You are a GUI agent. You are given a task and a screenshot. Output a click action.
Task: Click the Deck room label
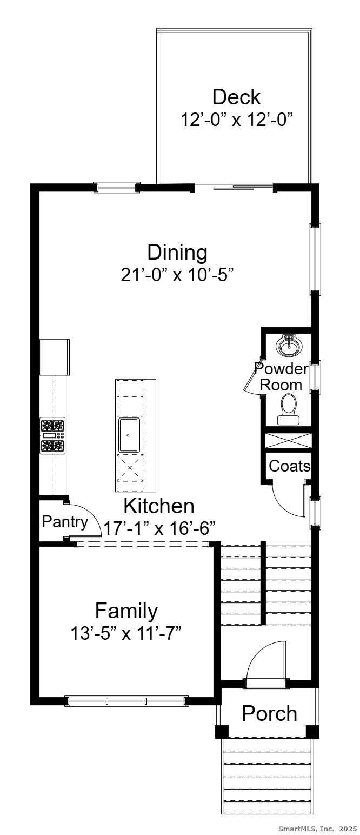pos(236,97)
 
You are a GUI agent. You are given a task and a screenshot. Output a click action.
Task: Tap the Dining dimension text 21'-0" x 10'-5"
pos(177,275)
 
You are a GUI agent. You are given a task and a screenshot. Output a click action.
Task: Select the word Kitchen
pos(159,506)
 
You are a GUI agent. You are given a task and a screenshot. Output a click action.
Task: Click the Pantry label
pos(65,522)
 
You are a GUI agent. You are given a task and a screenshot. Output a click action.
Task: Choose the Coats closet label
pos(290,466)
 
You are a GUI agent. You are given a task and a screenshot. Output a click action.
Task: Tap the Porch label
pos(269,713)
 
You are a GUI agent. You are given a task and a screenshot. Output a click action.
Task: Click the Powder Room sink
pos(289,346)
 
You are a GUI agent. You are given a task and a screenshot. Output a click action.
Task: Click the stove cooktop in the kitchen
pos(52,435)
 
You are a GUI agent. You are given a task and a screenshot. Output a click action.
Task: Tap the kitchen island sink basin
pos(129,435)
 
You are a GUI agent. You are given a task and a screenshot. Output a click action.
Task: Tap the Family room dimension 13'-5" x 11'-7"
pos(126,633)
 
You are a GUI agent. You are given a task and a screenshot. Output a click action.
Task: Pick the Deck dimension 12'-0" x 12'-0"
pos(236,120)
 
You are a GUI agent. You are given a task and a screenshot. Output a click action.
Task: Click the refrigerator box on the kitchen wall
pos(55,357)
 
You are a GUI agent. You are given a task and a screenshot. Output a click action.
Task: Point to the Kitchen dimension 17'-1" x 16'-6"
pos(159,528)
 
